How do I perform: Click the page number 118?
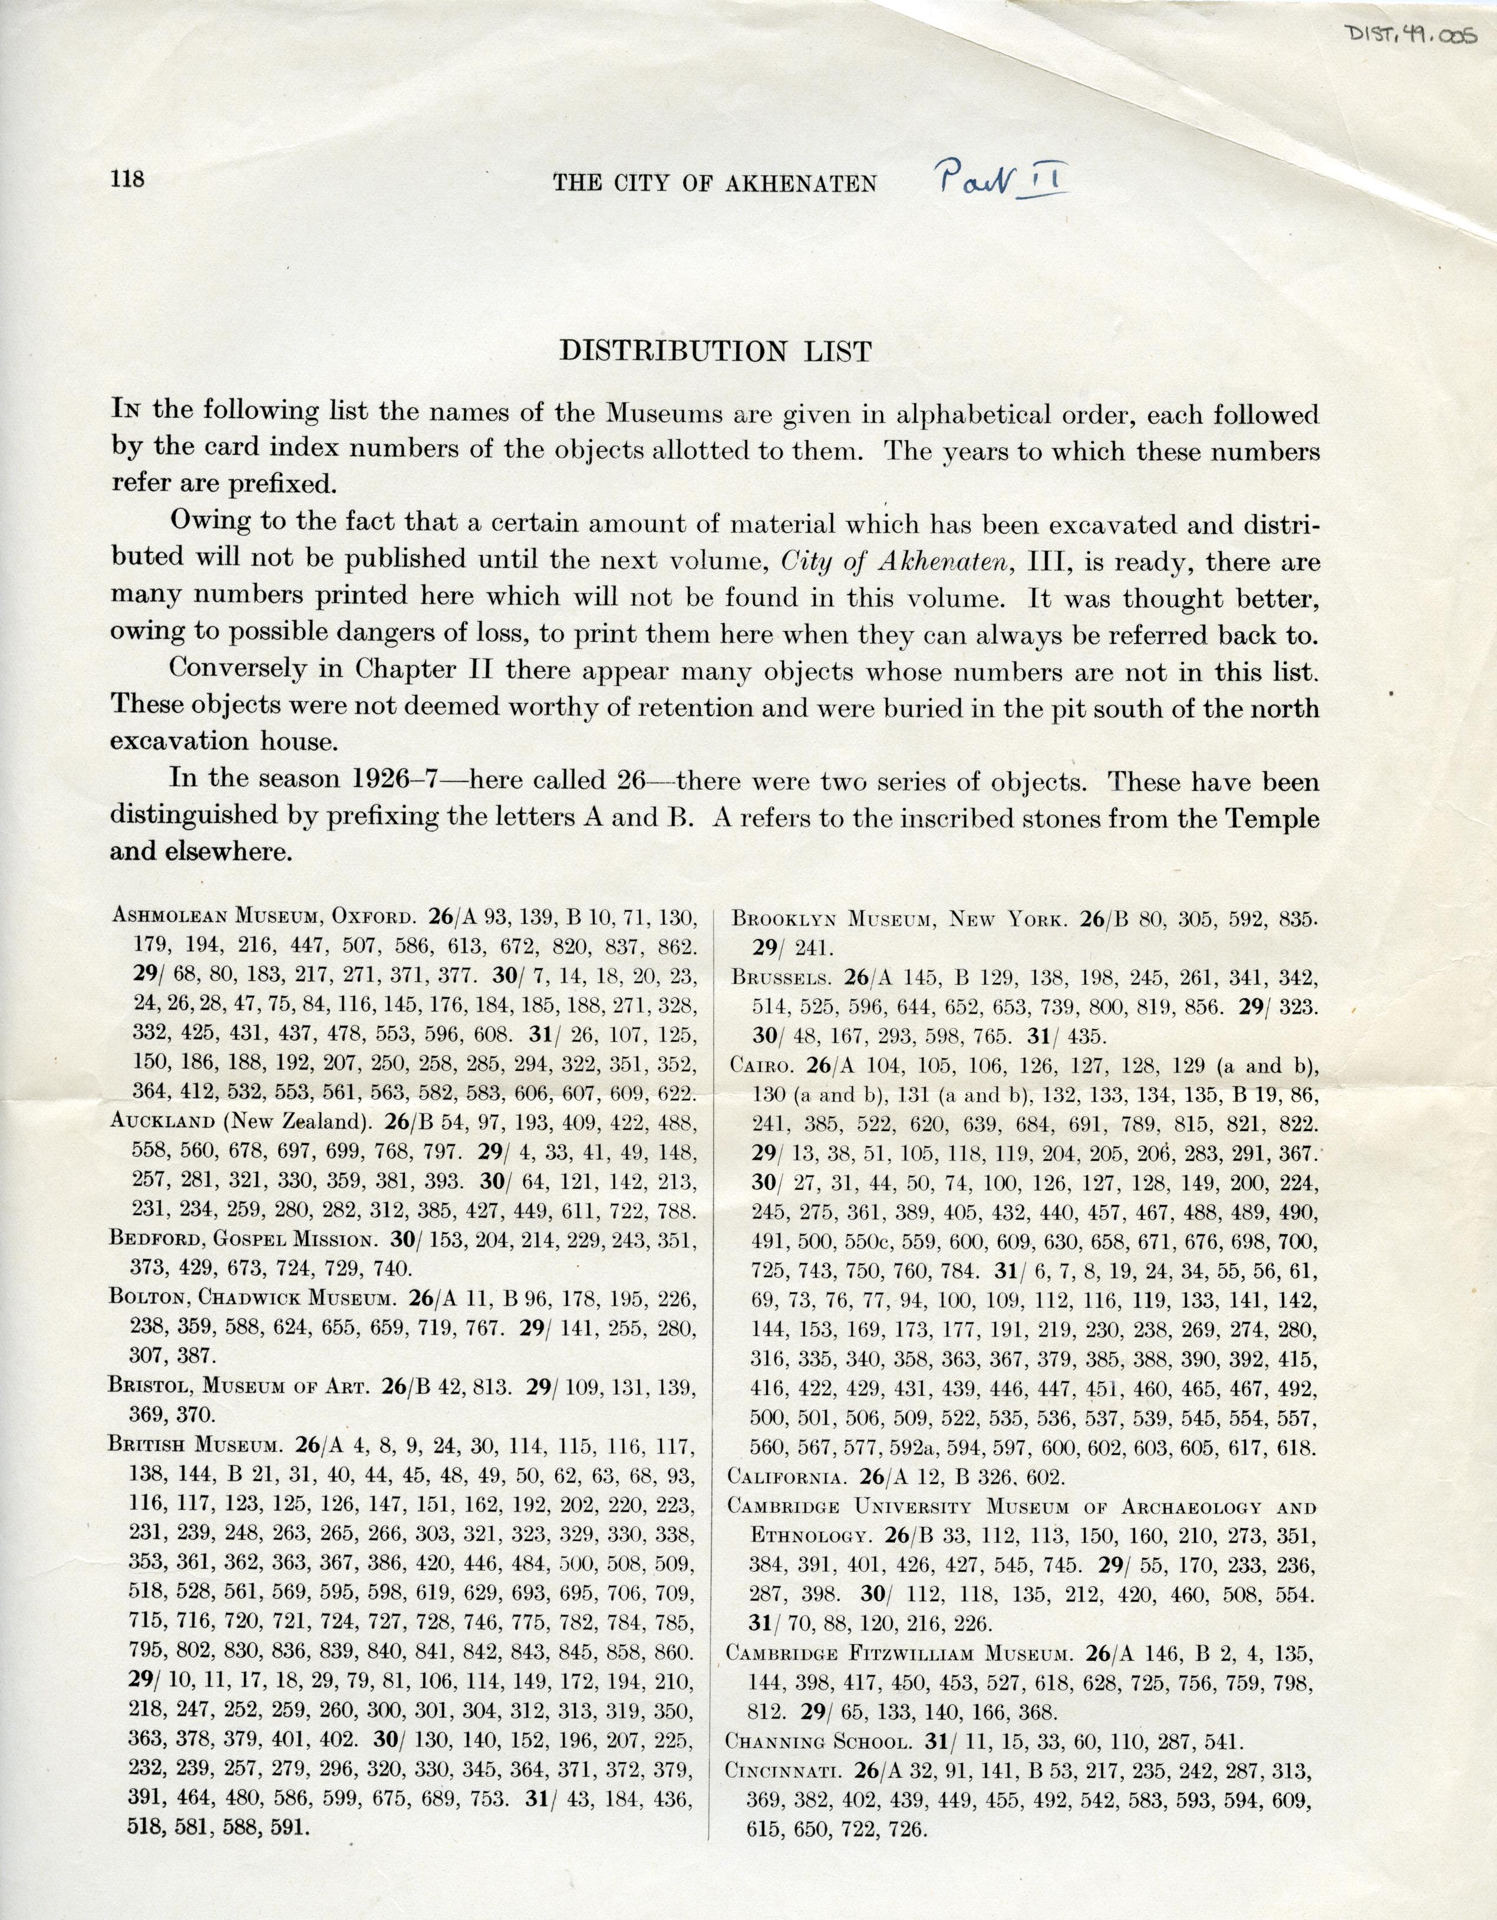(x=127, y=179)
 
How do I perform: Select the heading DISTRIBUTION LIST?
(x=715, y=352)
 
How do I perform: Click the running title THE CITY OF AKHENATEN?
(x=715, y=183)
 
